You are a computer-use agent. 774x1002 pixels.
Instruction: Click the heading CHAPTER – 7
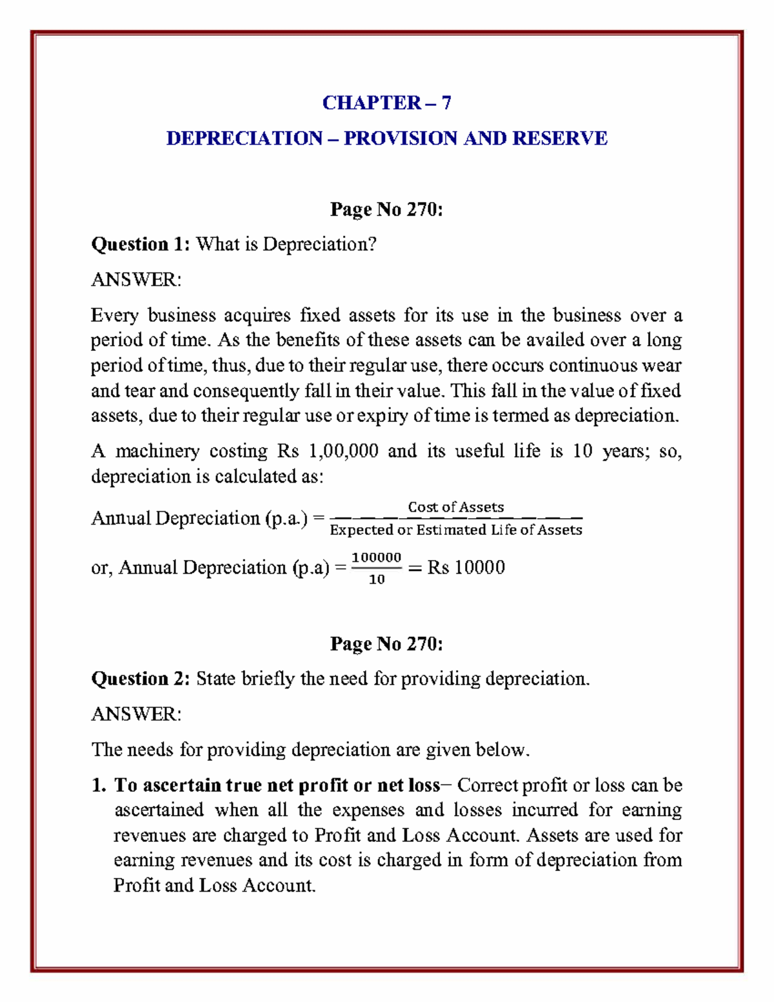386,103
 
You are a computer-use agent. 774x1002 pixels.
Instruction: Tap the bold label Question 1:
141,245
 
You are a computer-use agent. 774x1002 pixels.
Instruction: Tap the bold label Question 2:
141,679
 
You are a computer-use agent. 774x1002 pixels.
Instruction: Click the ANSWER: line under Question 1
136,280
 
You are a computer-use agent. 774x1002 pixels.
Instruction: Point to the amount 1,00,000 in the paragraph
344,451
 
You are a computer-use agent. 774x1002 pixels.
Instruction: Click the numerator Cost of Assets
455,507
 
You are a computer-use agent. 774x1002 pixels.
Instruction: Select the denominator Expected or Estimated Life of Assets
455,530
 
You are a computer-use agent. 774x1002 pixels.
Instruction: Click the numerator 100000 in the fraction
377,557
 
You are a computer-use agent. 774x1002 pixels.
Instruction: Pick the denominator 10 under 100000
377,579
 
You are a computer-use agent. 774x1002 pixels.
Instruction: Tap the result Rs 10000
466,568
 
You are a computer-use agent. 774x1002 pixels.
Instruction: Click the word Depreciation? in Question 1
319,245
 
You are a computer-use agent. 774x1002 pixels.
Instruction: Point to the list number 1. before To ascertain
98,785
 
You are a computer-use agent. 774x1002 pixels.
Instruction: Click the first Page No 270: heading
386,210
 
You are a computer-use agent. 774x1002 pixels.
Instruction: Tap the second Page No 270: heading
386,644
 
